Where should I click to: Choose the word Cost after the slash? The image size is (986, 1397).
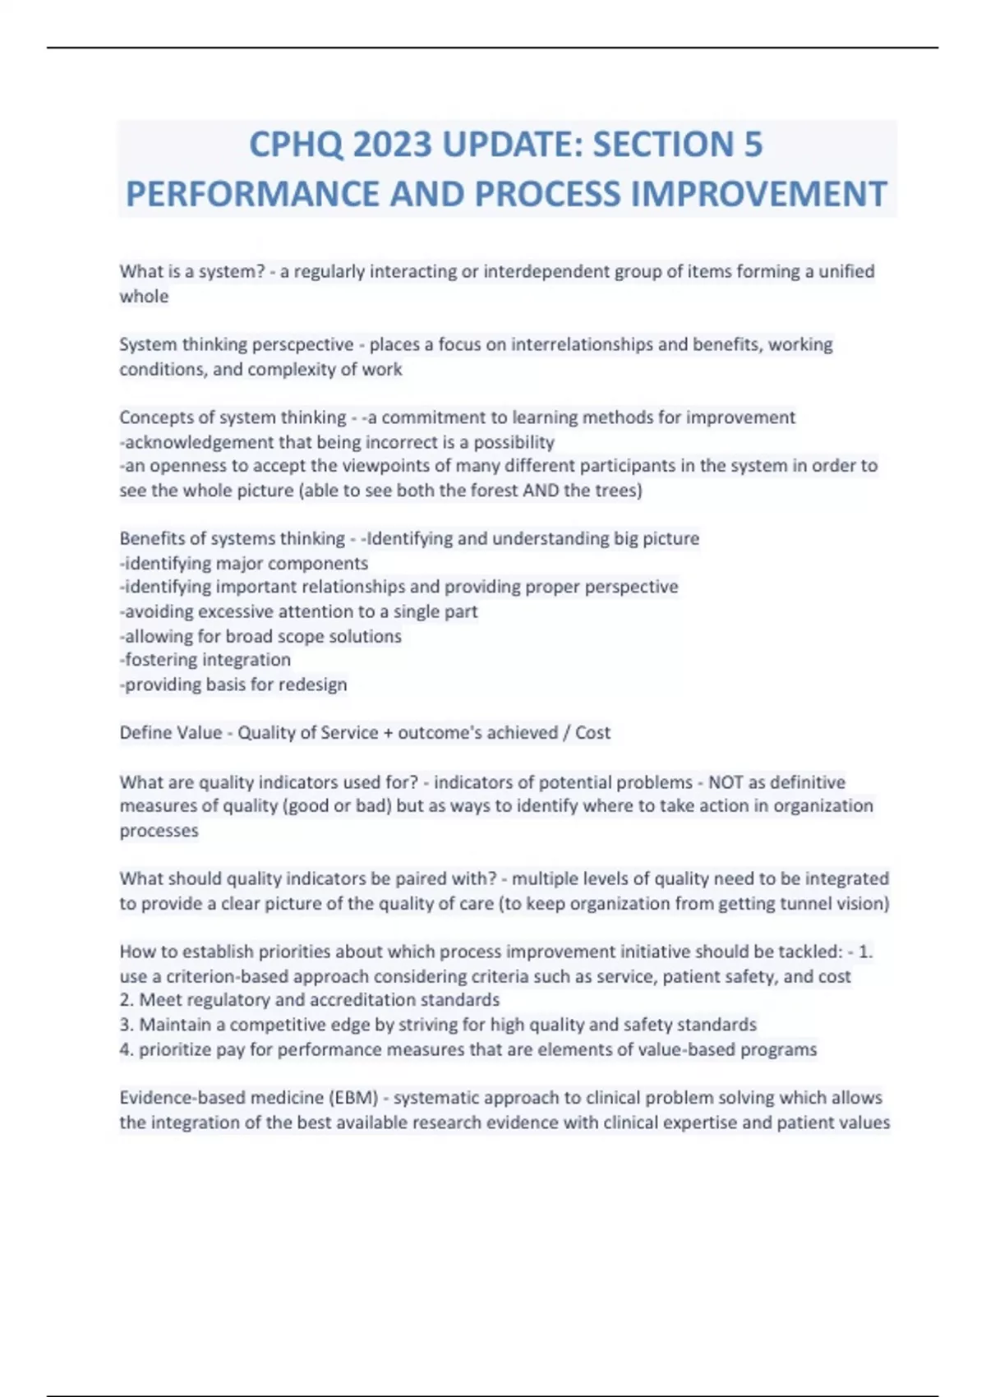pos(592,732)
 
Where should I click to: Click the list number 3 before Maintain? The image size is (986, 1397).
pos(126,1025)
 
